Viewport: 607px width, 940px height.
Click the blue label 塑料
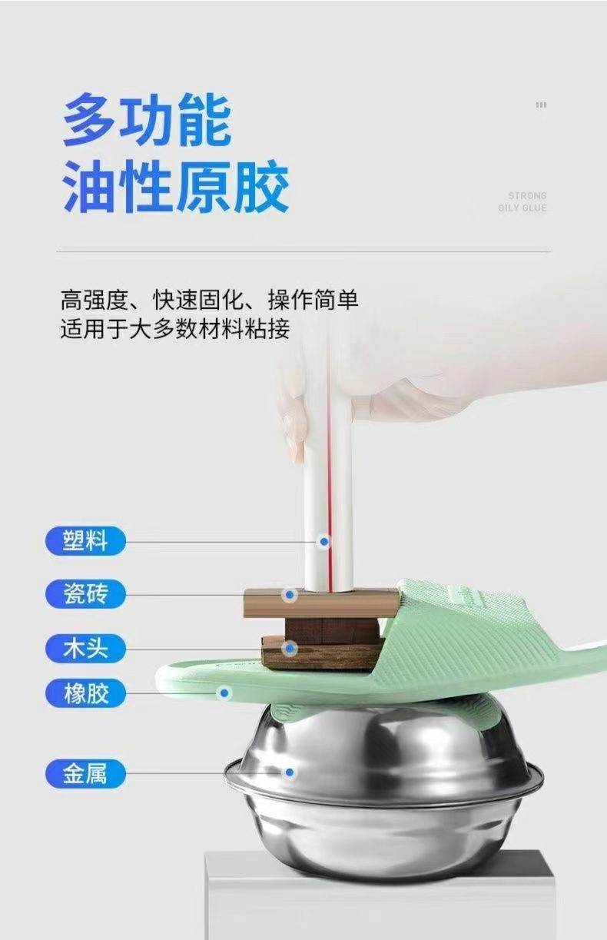[x=85, y=542]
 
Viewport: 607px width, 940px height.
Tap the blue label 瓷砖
[x=85, y=594]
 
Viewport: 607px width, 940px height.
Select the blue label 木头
[x=85, y=648]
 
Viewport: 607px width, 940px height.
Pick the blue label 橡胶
[x=85, y=693]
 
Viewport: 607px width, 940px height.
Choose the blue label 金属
[x=85, y=772]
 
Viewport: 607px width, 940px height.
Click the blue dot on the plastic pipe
[x=324, y=542]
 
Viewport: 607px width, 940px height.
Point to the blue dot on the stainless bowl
[x=290, y=772]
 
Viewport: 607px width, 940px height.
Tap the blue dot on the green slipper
[x=224, y=693]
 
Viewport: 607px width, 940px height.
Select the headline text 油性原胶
[x=176, y=188]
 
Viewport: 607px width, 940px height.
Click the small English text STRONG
[x=527, y=196]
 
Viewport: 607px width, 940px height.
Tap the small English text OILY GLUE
[x=522, y=208]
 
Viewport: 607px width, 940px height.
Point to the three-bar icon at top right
[x=541, y=105]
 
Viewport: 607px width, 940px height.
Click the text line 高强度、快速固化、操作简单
[x=209, y=299]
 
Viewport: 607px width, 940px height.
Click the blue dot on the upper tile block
[x=290, y=594]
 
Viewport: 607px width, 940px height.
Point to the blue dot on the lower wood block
[x=289, y=648]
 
